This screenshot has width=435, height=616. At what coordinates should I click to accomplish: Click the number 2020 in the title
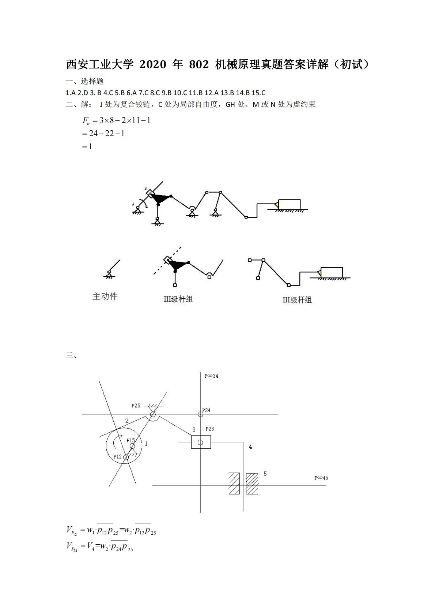pyautogui.click(x=153, y=65)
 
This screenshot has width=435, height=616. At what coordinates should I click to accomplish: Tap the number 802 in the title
pyautogui.click(x=199, y=65)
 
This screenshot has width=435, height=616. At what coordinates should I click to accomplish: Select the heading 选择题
pyautogui.click(x=92, y=81)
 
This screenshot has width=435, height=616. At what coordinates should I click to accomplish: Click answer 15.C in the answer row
pyautogui.click(x=258, y=93)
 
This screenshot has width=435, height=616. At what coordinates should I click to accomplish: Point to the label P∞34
pyautogui.click(x=211, y=376)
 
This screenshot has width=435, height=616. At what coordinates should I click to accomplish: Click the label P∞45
pyautogui.click(x=321, y=478)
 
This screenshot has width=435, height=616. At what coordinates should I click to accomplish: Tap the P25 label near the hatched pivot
pyautogui.click(x=136, y=406)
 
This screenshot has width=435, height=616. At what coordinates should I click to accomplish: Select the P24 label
pyautogui.click(x=206, y=410)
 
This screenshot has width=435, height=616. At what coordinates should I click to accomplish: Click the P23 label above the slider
pyautogui.click(x=209, y=429)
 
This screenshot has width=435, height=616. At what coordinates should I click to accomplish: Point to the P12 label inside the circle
pyautogui.click(x=117, y=456)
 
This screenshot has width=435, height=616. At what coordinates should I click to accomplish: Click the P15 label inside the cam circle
pyautogui.click(x=130, y=440)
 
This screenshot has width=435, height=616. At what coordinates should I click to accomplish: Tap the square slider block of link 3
pyautogui.click(x=201, y=442)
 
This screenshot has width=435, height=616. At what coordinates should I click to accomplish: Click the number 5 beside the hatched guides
pyautogui.click(x=265, y=474)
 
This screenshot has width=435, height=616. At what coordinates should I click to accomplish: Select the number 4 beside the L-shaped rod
pyautogui.click(x=250, y=447)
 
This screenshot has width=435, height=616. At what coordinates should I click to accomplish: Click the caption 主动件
pyautogui.click(x=105, y=296)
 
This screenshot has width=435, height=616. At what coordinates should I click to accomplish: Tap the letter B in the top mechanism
pyautogui.click(x=145, y=188)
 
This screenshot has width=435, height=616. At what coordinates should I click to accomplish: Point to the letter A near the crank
pyautogui.click(x=133, y=204)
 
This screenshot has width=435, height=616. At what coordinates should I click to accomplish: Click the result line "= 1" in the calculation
pyautogui.click(x=87, y=146)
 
